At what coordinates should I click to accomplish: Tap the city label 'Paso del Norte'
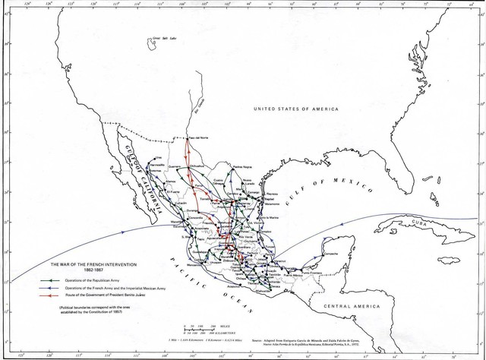[x=198, y=137]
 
